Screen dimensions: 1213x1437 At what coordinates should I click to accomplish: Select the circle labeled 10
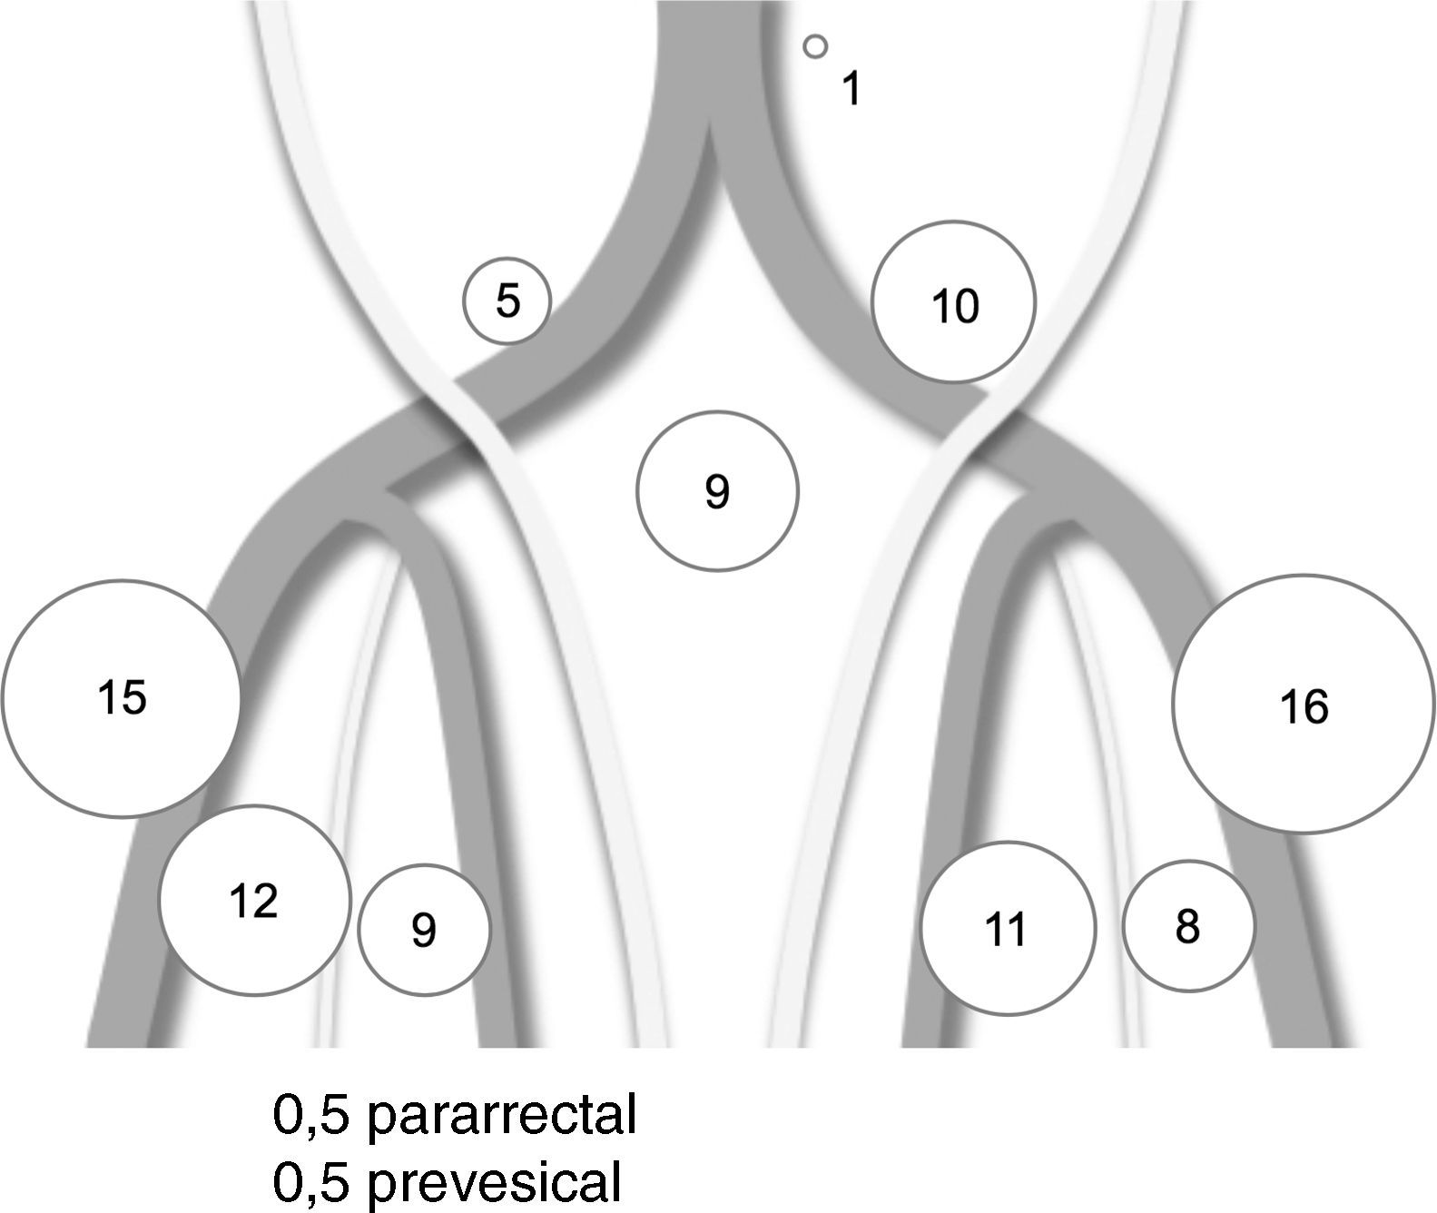coord(953,301)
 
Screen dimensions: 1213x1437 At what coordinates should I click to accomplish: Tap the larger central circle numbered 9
coord(717,491)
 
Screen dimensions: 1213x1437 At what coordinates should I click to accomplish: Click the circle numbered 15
coord(121,697)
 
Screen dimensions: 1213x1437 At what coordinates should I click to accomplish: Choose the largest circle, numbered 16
coord(1304,704)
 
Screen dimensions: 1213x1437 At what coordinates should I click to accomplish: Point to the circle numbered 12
coord(254,901)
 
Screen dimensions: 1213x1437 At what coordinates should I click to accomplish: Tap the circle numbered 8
coord(1187,926)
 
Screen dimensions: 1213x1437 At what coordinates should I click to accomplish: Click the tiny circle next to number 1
coord(815,46)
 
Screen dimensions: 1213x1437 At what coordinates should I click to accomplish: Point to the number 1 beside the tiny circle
coord(850,89)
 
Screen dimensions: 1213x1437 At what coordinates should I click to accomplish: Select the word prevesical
coord(496,1181)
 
